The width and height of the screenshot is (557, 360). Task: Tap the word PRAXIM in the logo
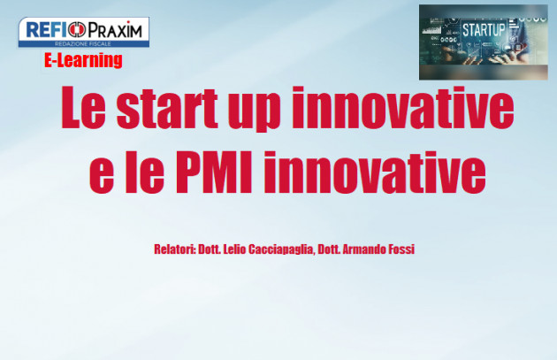tap(114, 29)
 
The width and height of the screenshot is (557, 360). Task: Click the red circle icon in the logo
tap(80, 29)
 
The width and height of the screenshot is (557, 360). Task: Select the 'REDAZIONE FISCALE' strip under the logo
tap(83, 42)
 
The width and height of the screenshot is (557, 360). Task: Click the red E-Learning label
tap(83, 60)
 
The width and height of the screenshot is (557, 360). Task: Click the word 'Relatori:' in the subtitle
tap(176, 249)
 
